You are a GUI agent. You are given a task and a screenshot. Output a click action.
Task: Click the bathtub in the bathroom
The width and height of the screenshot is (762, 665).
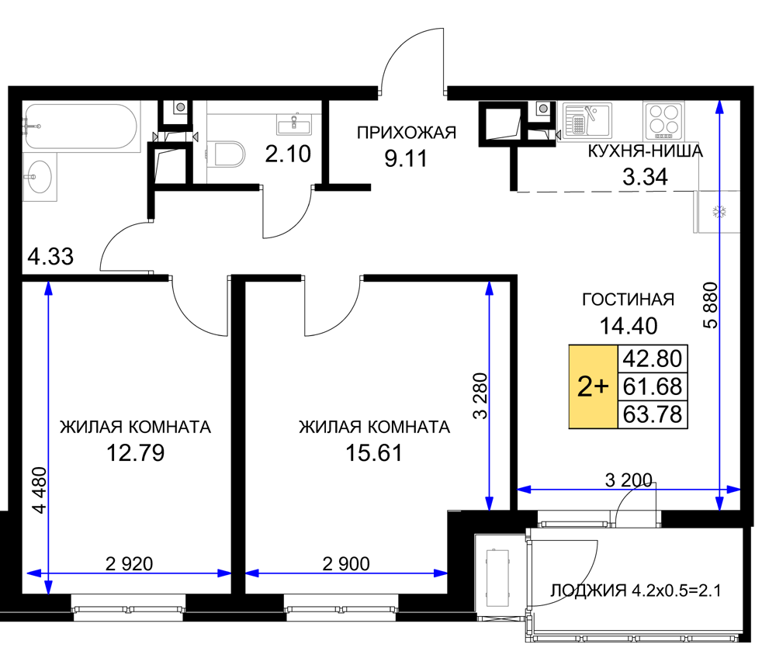[81, 126]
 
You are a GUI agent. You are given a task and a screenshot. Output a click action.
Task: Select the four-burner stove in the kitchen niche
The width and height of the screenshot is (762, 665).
[663, 120]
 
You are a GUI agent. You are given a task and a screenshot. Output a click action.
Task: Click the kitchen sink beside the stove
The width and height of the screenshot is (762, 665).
[587, 120]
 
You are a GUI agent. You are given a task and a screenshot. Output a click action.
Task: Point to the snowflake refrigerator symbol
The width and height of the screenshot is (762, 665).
[719, 212]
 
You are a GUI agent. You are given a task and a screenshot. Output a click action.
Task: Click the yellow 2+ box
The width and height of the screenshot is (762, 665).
[593, 386]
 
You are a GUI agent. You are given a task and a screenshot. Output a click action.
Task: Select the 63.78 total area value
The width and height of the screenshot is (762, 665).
[652, 414]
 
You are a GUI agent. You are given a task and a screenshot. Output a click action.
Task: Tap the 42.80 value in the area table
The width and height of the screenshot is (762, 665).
[652, 358]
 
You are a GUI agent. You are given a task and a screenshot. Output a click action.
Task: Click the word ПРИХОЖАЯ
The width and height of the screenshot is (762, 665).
[407, 133]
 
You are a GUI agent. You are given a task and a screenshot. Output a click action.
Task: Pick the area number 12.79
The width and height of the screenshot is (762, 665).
[135, 453]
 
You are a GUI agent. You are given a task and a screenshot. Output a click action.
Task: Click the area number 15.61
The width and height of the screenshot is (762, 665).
[374, 453]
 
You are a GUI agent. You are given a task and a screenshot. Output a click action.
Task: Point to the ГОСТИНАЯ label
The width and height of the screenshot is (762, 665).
[628, 300]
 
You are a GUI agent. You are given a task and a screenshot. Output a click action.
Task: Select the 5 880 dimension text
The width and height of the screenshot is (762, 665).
[710, 305]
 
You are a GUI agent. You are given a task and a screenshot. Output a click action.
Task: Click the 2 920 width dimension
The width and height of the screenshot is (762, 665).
[130, 564]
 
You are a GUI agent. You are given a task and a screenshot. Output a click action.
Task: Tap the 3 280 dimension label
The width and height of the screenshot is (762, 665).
[480, 396]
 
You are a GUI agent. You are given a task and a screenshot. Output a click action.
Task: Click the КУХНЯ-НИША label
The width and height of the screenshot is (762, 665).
[646, 151]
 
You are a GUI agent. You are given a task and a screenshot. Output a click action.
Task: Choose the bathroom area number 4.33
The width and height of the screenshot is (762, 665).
[50, 256]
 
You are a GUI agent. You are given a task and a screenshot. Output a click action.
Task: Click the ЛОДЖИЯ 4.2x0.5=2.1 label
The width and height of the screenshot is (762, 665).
[636, 591]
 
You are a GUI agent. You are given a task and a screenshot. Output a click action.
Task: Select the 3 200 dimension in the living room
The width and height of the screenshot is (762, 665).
[629, 480]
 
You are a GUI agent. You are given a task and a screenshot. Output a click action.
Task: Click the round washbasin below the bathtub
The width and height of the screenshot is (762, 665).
[38, 177]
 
